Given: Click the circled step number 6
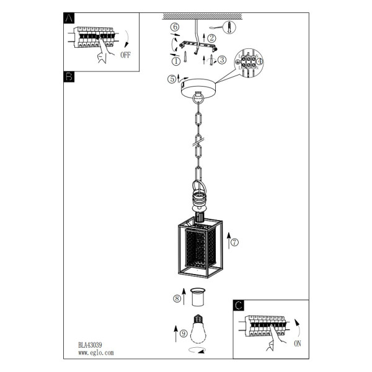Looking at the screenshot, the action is coord(175,27).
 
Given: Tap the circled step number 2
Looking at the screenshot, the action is coord(211,38).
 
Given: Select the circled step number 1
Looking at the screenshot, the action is coord(176,61).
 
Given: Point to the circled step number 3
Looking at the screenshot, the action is coord(222,60).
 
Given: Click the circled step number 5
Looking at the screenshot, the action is coord(172,79).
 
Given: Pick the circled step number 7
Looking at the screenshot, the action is coord(234,242).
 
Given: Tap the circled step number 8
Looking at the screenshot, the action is coord(177,298).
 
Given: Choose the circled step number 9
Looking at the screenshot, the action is coord(184,334).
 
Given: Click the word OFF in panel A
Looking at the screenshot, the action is coord(125,55).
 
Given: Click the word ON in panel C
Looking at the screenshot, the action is coord(297,343).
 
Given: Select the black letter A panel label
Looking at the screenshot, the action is coord(69,18).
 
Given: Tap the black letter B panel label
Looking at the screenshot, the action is coord(69,77).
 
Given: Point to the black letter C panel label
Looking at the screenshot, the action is coord(239,305).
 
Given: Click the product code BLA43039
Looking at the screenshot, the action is coord(90,345).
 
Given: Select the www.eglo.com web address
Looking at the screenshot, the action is coord(96,353).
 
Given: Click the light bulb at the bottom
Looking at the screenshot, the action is coord(198,329).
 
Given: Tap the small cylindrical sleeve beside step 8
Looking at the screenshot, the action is coord(198,297).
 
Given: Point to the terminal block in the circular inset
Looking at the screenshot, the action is coord(248,61).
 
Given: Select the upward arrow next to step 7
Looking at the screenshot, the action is coord(229,241).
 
